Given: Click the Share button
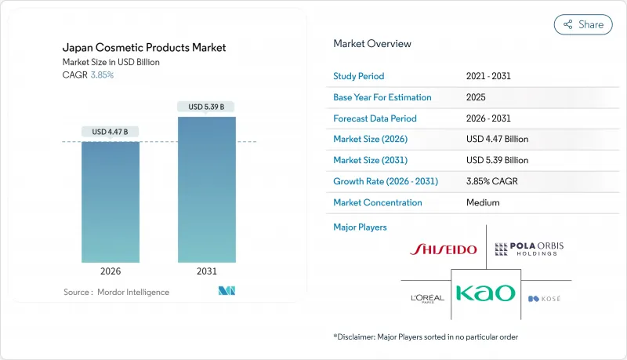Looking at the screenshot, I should pos(583,24).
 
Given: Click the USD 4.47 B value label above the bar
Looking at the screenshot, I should pos(111,132).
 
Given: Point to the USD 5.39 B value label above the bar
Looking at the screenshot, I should pos(206,107).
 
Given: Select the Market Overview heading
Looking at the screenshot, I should pos(372,44).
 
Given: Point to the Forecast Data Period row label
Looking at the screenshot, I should pos(375,118).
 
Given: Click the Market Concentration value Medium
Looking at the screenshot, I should pos(482,202).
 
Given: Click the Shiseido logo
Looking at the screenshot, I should pos(444,249).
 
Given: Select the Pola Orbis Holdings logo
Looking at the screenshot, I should pos(529,249).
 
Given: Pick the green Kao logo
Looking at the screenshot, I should pos(485,293).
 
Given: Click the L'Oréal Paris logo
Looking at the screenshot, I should pos(427,298).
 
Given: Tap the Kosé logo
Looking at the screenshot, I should pos(545,299).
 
